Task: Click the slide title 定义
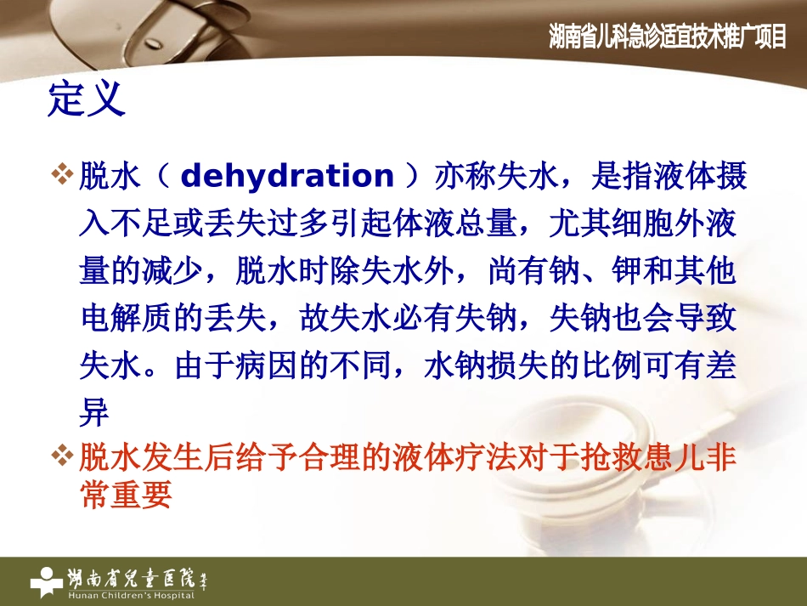(x=87, y=99)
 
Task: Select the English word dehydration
(x=288, y=177)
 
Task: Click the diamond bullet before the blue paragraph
(x=63, y=176)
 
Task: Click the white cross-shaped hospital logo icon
(x=46, y=581)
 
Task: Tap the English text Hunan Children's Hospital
(x=131, y=594)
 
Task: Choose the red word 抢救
(x=612, y=459)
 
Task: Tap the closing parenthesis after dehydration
(x=414, y=177)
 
